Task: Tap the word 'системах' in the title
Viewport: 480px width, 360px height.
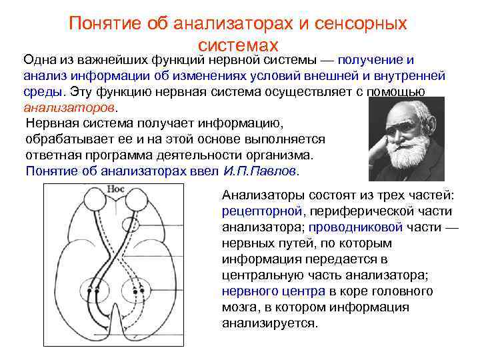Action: pyautogui.click(x=238, y=45)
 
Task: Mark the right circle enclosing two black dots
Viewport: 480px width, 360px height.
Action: pyautogui.click(x=140, y=287)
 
